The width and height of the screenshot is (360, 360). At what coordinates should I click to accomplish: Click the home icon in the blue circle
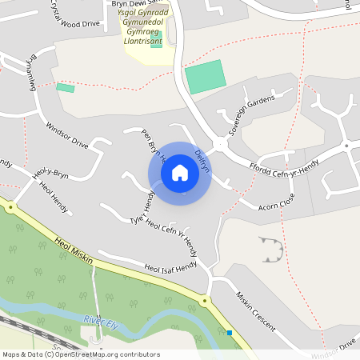[180, 173]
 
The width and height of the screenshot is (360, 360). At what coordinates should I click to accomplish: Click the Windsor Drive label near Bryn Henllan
[66, 134]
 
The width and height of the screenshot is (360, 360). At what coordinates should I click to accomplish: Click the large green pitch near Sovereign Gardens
[206, 77]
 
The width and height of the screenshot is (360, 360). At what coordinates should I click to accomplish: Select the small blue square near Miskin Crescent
[230, 333]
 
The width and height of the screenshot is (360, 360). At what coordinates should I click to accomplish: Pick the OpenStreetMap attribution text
[81, 354]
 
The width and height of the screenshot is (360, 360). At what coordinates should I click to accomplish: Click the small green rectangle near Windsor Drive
[66, 87]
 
